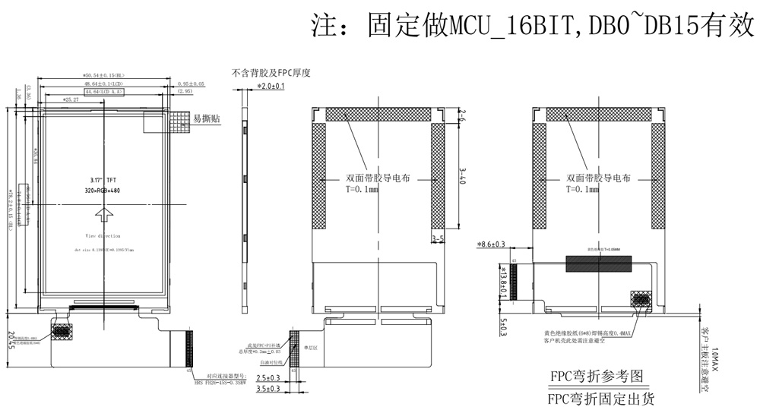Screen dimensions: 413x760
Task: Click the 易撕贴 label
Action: click(x=206, y=118)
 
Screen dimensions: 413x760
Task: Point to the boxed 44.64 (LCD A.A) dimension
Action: click(x=103, y=91)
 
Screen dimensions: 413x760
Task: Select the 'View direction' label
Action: click(x=103, y=236)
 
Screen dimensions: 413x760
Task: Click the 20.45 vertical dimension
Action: click(x=11, y=342)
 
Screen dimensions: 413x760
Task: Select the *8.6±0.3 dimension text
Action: click(x=491, y=244)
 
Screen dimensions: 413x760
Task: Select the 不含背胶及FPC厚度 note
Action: click(x=271, y=73)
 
